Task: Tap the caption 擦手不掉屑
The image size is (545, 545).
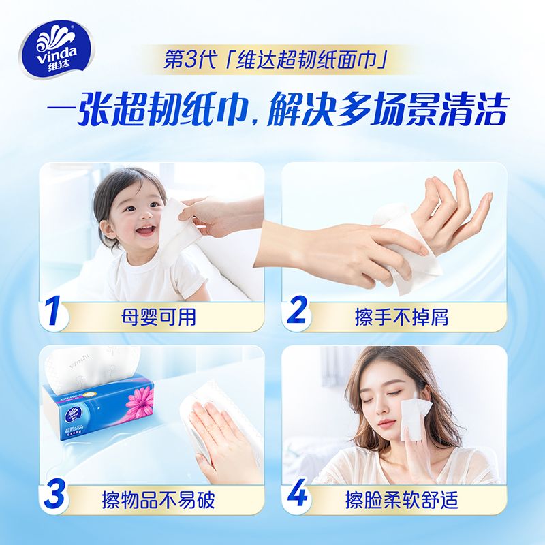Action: click(401, 317)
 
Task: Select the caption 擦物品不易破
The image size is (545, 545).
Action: click(158, 501)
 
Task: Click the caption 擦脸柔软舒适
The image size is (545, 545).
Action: click(401, 501)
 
